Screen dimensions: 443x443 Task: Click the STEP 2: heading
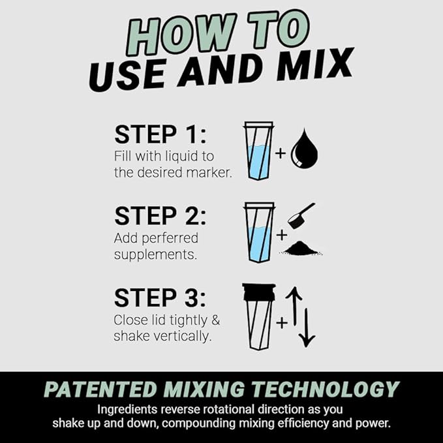(159, 215)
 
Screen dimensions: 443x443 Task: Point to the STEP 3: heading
(159, 298)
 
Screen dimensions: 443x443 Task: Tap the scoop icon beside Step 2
(301, 215)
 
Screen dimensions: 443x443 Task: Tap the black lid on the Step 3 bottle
(258, 292)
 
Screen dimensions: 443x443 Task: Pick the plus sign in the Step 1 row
(280, 154)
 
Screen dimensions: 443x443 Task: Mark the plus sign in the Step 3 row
(282, 322)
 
